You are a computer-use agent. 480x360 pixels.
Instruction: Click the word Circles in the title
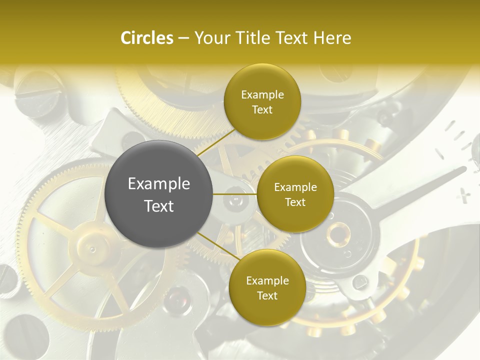coord(146,38)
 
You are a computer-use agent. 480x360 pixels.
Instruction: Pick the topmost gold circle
coord(262,102)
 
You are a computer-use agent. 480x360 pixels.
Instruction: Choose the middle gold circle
coord(295,194)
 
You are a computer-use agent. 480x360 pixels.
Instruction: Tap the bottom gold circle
coord(267,287)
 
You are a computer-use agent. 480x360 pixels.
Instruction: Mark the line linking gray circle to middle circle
coord(235,194)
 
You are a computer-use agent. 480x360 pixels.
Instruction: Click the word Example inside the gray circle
coord(159,184)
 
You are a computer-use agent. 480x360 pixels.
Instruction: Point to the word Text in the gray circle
coord(159,206)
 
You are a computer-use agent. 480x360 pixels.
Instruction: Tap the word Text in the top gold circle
coord(262,110)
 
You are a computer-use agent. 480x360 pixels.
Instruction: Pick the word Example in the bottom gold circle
coord(267,280)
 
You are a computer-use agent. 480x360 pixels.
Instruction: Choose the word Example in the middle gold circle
coord(295,187)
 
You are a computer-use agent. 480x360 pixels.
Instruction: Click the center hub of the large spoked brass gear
coord(91,246)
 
